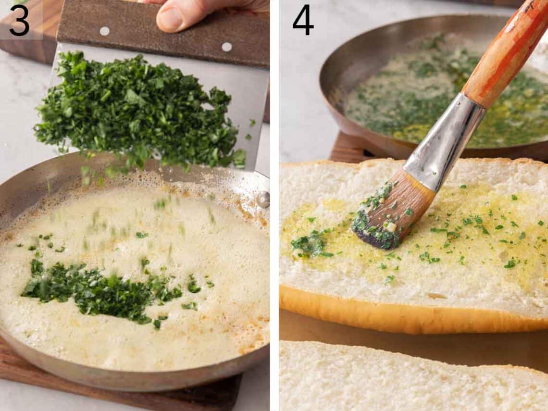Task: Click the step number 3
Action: (19, 21)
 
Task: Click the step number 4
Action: (303, 21)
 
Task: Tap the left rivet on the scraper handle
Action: (104, 31)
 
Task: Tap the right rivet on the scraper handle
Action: (226, 47)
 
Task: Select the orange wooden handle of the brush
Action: (505, 53)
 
